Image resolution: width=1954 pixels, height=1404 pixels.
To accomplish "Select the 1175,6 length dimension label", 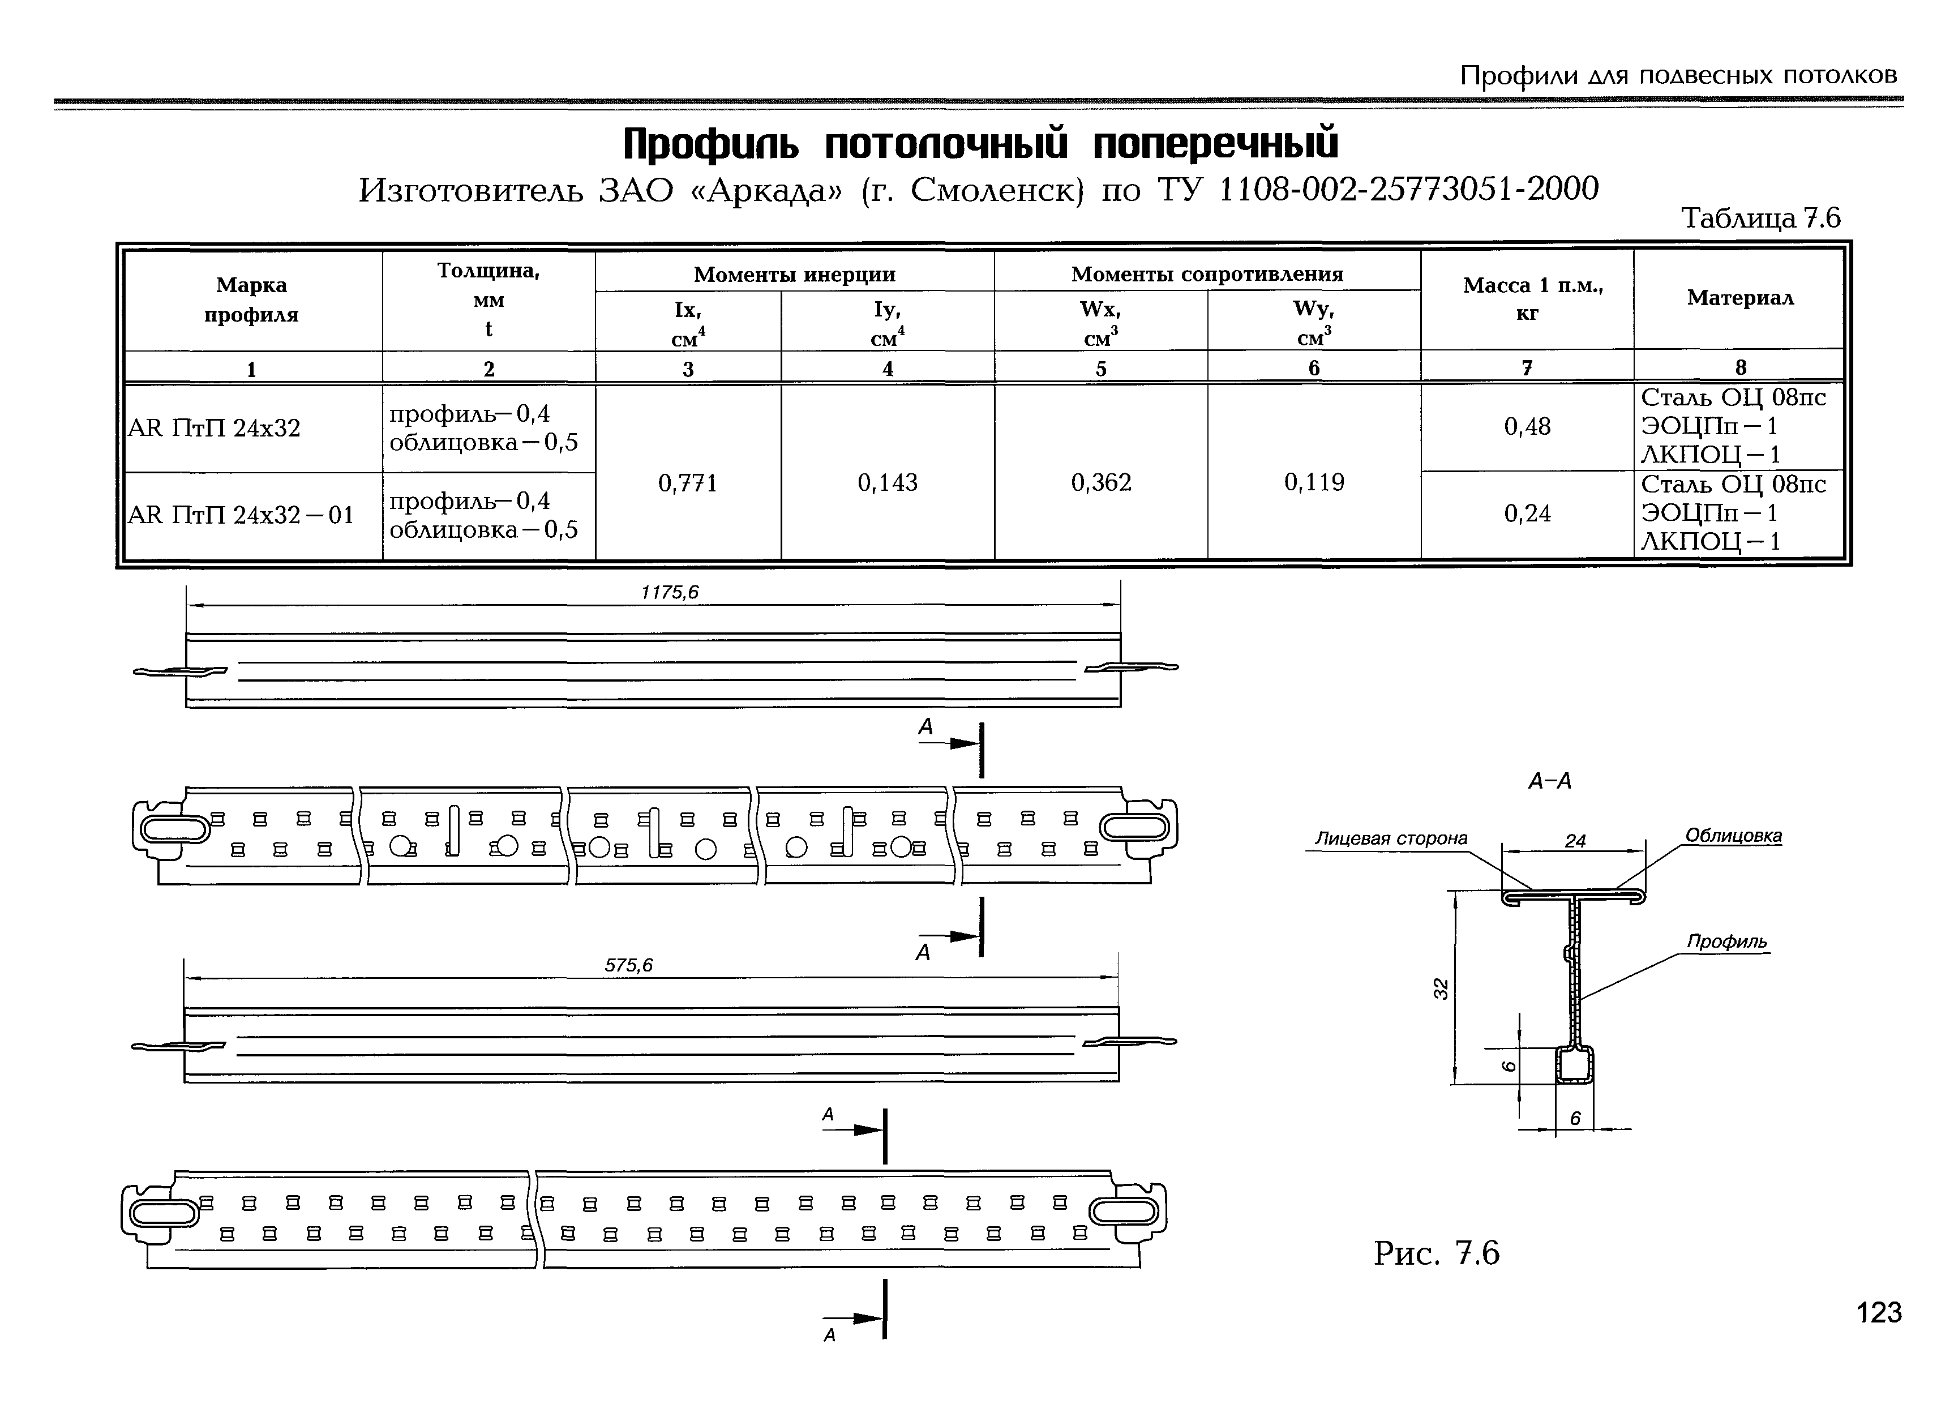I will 670,592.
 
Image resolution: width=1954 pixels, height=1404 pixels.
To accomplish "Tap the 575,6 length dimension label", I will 628,965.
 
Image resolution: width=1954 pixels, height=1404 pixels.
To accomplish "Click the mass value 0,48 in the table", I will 1527,427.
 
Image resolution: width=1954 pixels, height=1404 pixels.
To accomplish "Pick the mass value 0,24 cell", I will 1527,513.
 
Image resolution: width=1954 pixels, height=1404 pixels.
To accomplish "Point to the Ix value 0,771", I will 688,483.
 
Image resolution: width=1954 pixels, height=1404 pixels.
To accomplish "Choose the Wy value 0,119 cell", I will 1314,483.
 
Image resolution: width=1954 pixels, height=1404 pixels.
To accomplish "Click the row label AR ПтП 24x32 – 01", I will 241,515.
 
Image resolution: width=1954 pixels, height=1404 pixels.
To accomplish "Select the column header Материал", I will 1739,298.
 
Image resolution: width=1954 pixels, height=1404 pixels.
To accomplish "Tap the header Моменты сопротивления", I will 1206,274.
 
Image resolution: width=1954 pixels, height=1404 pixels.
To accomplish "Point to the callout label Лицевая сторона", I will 1391,838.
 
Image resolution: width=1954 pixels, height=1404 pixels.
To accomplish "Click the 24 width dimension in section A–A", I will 1575,841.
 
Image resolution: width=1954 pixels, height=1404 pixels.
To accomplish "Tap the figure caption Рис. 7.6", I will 1436,1252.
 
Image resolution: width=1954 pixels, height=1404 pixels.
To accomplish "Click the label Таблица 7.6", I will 1760,218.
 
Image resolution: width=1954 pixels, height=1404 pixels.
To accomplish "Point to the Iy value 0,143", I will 888,483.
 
